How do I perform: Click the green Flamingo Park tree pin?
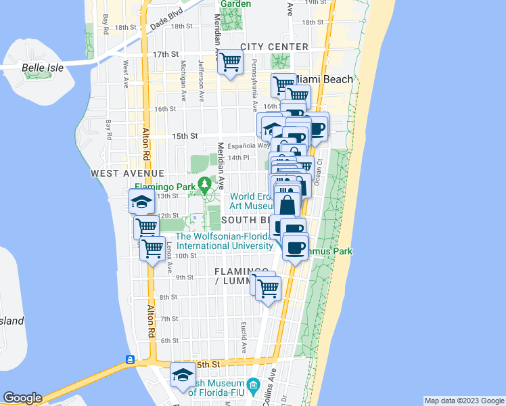tap(204, 183)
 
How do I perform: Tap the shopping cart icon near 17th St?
tap(231, 62)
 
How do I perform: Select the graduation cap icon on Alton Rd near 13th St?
tap(142, 201)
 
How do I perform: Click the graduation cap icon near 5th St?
tap(183, 376)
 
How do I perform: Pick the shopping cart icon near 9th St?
tap(269, 288)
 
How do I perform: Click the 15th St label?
tap(184, 136)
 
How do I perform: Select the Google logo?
tap(22, 398)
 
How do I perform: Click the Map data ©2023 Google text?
tap(463, 401)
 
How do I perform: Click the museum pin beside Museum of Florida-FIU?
tap(254, 388)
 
